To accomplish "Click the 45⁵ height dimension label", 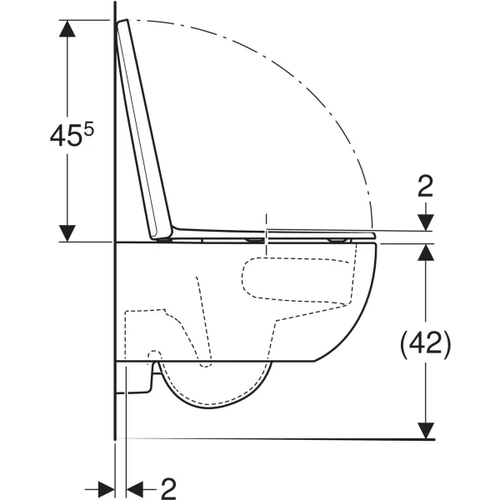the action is (72, 135).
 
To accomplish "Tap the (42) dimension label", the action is (425, 344).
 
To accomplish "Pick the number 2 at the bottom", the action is (168, 488).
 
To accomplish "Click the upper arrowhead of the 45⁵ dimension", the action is (67, 28).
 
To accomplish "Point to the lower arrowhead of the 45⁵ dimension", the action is (67, 233).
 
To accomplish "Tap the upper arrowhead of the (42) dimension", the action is (426, 252).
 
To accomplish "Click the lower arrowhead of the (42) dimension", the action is (426, 431).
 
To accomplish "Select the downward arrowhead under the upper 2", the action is (426, 222).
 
